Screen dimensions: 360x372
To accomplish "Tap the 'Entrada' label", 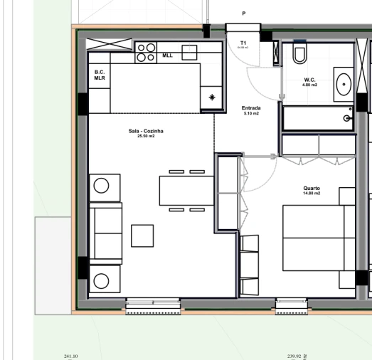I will (251, 108).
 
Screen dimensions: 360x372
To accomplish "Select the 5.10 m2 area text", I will (251, 113).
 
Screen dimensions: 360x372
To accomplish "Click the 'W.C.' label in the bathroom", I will (309, 80).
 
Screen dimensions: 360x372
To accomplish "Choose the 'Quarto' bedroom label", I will (312, 189).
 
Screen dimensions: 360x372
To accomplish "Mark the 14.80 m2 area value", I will (312, 194).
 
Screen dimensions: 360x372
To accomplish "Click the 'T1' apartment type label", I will (243, 43).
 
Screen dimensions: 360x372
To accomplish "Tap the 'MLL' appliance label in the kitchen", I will (167, 55).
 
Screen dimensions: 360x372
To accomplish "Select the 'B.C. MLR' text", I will (100, 75).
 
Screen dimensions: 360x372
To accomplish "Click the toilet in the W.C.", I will (299, 53).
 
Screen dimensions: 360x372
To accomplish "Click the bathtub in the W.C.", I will (318, 117).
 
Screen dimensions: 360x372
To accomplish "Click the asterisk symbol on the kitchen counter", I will (211, 97).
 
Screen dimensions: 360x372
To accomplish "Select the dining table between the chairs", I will (186, 190).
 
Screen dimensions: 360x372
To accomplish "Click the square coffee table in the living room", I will (142, 235).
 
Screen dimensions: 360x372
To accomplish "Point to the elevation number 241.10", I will (71, 356).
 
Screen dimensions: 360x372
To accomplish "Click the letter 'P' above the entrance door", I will (243, 14).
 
